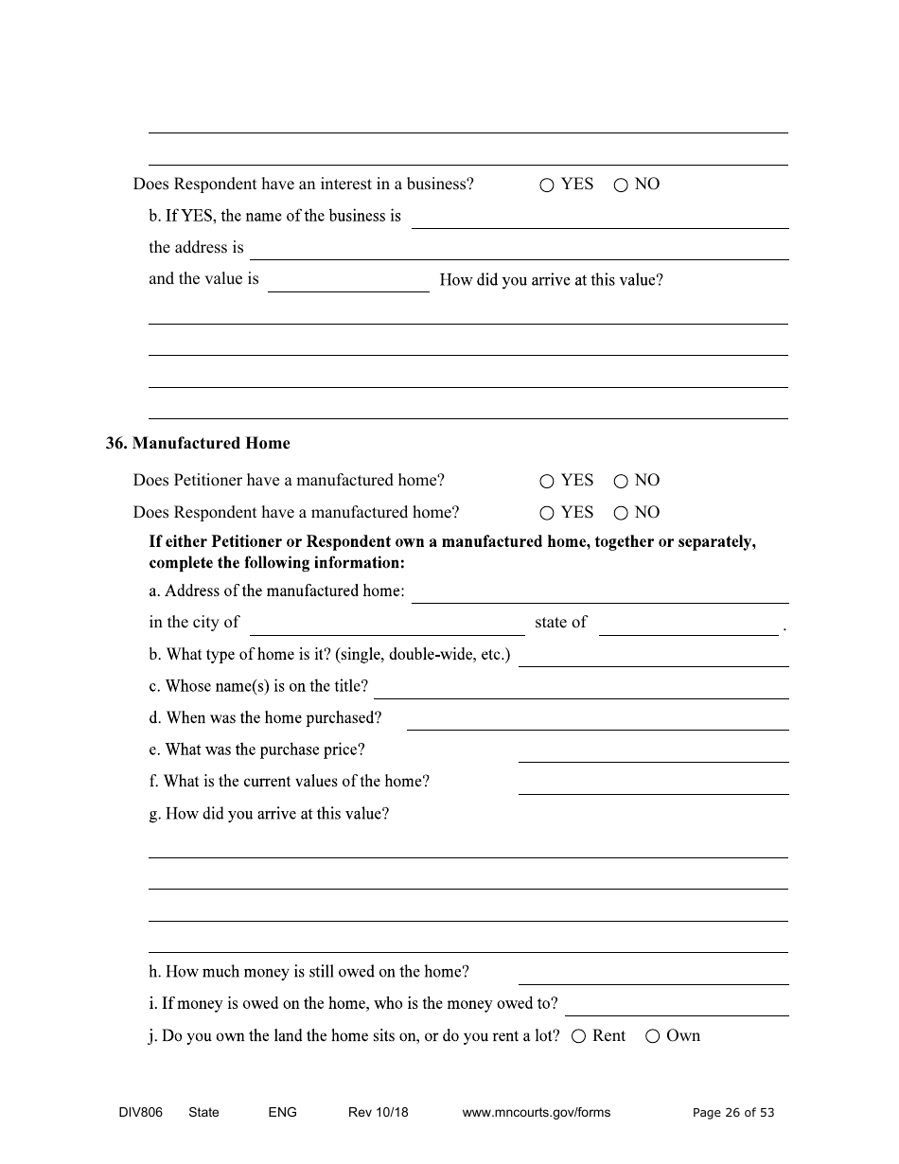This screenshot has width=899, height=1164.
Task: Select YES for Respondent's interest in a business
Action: [x=547, y=185]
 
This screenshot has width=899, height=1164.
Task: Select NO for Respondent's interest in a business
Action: [x=621, y=185]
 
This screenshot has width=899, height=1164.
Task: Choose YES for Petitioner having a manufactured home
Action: [x=547, y=482]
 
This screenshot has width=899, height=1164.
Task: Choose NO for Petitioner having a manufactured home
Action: [x=621, y=482]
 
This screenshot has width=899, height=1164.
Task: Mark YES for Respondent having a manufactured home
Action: [x=547, y=514]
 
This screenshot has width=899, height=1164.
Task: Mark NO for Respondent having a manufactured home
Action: [x=621, y=514]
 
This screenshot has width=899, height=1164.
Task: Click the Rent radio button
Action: [x=579, y=1036]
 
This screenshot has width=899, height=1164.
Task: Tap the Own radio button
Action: [x=652, y=1036]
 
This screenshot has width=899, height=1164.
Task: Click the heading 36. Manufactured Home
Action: [x=198, y=443]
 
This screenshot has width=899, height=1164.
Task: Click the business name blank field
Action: [x=600, y=218]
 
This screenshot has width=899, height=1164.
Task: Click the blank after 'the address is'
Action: [x=519, y=249]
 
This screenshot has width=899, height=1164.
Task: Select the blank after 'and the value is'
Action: [x=348, y=281]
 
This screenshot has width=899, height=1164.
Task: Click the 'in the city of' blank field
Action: [x=387, y=624]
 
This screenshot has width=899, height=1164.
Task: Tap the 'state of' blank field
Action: [x=688, y=624]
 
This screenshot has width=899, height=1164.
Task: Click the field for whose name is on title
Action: [x=581, y=688]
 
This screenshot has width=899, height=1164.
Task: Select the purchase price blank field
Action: [x=653, y=751]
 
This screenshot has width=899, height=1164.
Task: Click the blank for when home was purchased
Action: [x=597, y=719]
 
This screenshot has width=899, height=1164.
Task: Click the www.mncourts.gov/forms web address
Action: [x=536, y=1112]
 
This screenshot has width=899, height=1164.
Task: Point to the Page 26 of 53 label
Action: [x=733, y=1112]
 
